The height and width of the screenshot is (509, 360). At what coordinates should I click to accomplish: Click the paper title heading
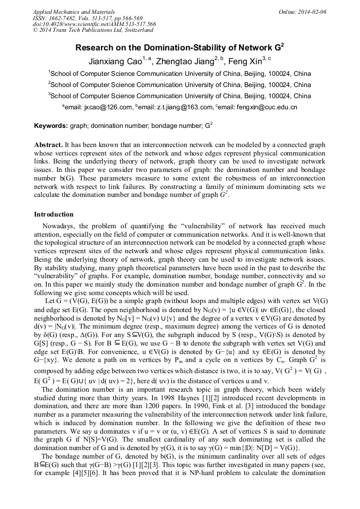179,47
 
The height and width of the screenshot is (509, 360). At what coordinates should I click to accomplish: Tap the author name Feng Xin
247,61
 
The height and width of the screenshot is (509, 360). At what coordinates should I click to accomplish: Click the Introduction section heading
54,214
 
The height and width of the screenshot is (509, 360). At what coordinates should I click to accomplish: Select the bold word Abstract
48,145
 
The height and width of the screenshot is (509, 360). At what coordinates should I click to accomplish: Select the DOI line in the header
94,24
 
